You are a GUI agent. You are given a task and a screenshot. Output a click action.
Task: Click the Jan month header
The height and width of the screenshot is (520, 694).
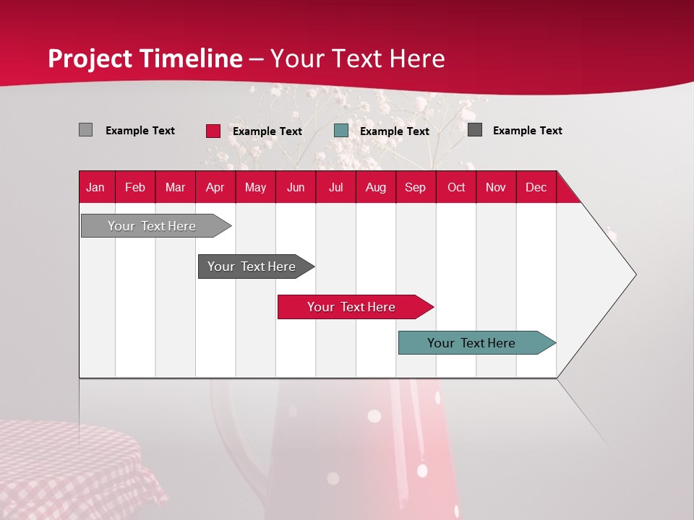[95, 187]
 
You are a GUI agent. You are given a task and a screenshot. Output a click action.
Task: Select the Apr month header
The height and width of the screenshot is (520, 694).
[215, 187]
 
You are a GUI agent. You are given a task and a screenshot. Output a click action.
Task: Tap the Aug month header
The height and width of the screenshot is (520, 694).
[375, 187]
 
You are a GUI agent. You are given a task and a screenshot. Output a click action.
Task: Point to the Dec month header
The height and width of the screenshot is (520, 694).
[536, 187]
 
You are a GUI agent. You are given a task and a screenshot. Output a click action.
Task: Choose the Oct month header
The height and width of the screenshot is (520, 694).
[455, 187]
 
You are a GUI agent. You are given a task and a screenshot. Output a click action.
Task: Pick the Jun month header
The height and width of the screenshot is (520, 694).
[295, 187]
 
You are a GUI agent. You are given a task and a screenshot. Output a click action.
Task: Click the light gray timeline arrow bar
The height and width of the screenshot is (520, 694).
[152, 226]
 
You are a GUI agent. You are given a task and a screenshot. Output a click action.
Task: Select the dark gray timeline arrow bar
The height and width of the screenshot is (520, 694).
[252, 266]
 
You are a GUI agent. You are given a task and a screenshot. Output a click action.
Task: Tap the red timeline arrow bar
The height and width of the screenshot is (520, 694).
[351, 307]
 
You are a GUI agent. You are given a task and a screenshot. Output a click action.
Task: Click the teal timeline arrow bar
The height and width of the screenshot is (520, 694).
[471, 343]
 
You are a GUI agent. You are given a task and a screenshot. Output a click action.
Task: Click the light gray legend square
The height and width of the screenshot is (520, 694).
[85, 130]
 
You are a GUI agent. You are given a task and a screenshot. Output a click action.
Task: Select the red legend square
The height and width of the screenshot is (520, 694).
[213, 131]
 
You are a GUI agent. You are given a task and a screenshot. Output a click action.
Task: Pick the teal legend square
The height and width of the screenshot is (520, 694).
[341, 131]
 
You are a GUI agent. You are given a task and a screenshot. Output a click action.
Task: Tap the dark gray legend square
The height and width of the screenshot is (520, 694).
[474, 130]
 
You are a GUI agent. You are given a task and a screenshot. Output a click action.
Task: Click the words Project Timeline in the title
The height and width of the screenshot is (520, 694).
[145, 58]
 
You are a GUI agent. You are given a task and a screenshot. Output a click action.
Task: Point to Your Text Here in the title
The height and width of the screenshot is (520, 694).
[357, 58]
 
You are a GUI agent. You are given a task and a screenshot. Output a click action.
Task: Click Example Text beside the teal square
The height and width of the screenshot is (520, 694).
[394, 131]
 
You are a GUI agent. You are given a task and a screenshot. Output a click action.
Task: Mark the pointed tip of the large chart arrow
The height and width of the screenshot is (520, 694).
[635, 274]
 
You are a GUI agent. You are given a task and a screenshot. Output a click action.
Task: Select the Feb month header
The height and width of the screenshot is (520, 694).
[134, 187]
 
